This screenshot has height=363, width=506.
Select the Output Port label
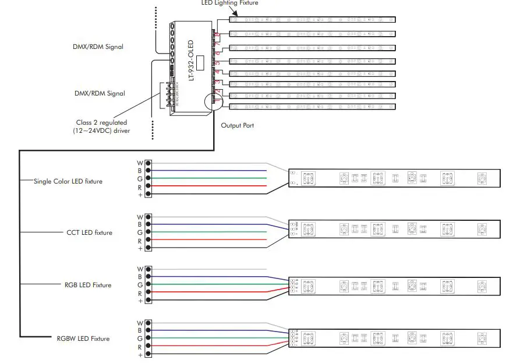point(237,125)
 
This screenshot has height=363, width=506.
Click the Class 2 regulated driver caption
point(102,126)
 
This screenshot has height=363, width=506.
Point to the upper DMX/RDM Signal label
point(99,47)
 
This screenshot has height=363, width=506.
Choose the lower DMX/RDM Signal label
point(100,93)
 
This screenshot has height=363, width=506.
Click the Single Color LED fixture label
point(68,181)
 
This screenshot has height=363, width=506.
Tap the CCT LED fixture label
point(89,232)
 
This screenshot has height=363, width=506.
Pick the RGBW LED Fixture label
point(83,339)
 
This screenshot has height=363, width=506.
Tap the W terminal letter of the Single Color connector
point(140,163)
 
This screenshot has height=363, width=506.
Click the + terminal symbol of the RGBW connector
point(140,354)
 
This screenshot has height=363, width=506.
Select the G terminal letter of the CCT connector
point(140,232)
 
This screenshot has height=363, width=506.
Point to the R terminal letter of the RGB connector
point(140,293)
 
